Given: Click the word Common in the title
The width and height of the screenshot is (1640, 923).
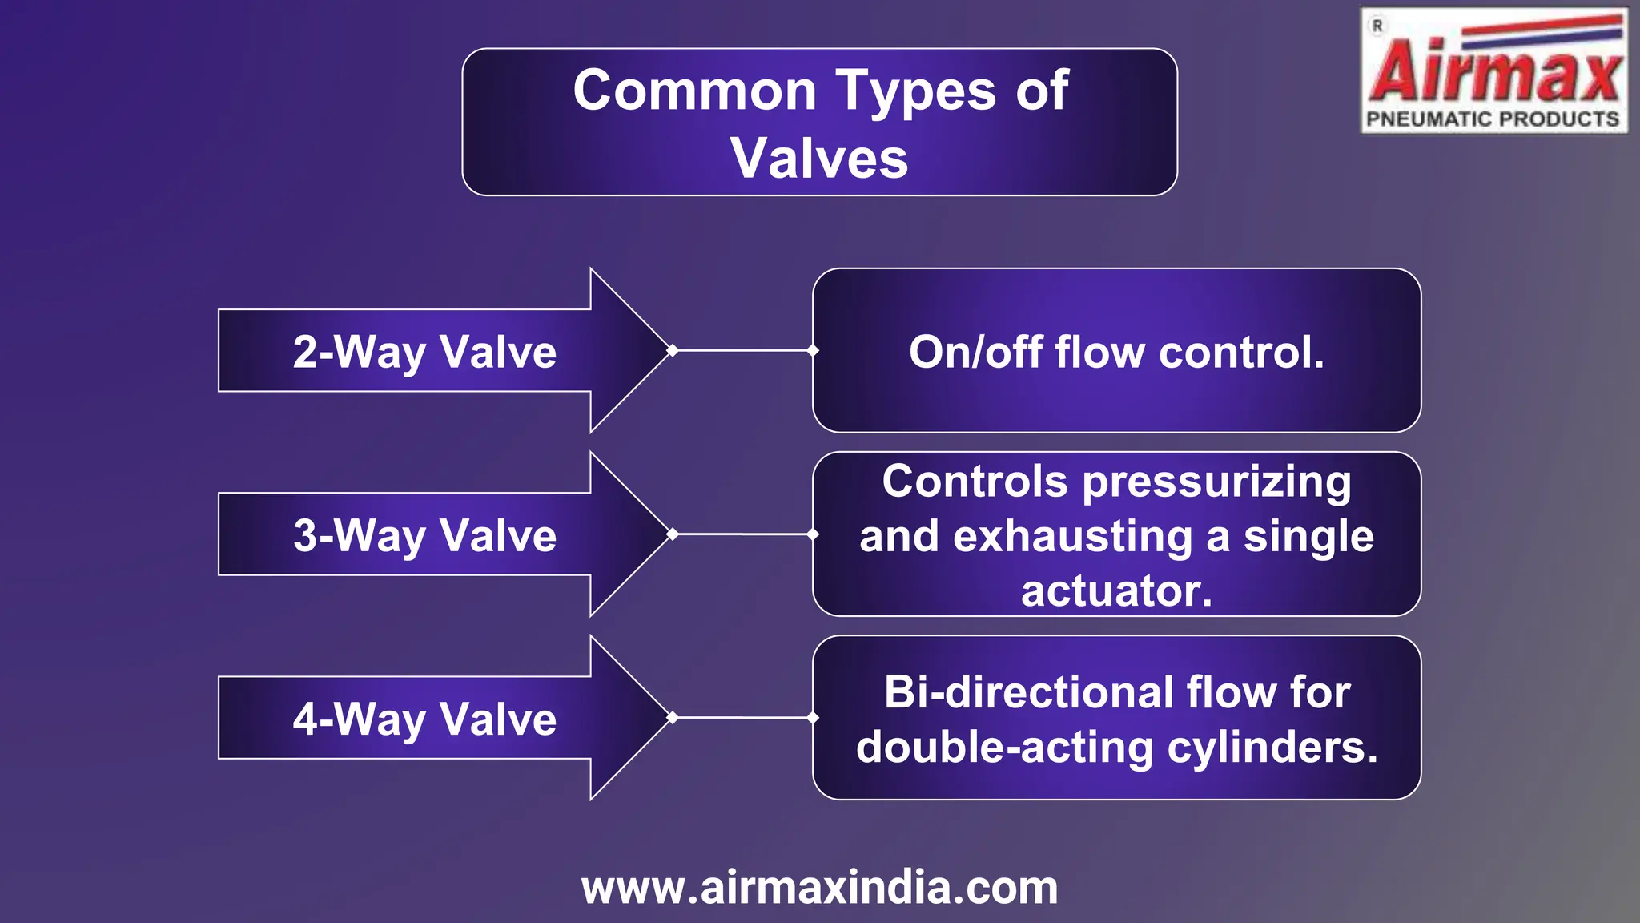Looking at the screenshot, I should pyautogui.click(x=693, y=91).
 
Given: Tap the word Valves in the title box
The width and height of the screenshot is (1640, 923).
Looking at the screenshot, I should pyautogui.click(x=819, y=158).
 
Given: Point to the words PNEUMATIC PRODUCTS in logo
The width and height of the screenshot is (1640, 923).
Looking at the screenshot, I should pyautogui.click(x=1493, y=119).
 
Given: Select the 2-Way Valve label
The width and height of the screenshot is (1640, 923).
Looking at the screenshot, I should pyautogui.click(x=424, y=352).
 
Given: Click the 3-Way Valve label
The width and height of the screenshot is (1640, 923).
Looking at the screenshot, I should pyautogui.click(x=424, y=535).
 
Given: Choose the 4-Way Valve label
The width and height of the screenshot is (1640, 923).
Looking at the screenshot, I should pyautogui.click(x=424, y=719).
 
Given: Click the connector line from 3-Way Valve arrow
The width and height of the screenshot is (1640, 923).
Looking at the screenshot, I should pyautogui.click(x=743, y=534).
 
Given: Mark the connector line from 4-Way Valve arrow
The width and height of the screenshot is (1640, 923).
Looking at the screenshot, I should pyautogui.click(x=743, y=718).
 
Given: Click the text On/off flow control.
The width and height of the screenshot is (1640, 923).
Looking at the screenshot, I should pyautogui.click(x=1116, y=352).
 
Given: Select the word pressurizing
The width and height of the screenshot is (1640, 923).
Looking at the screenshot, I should pyautogui.click(x=1216, y=482).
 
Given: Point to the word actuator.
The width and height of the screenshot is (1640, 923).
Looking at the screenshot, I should pyautogui.click(x=1115, y=591).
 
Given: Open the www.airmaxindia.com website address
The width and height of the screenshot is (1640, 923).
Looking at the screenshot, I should pyautogui.click(x=819, y=888).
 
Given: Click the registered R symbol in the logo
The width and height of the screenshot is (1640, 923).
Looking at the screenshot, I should pyautogui.click(x=1377, y=26).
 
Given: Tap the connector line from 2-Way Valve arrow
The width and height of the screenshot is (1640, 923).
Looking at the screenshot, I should pyautogui.click(x=743, y=350).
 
